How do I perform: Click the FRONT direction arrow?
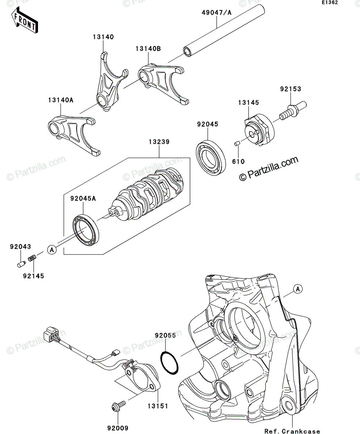click(25, 20)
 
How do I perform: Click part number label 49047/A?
click(216, 13)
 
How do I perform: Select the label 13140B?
click(148, 48)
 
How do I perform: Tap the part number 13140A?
click(61, 100)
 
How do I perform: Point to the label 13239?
click(159, 142)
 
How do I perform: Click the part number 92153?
click(291, 89)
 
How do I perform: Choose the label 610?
click(238, 161)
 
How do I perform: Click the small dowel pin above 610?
click(237, 144)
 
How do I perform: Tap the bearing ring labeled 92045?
click(211, 158)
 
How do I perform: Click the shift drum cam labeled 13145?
click(259, 131)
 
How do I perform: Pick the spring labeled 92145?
click(32, 258)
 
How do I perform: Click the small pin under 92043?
click(21, 264)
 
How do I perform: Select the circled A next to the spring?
click(52, 249)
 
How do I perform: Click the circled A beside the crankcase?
click(298, 289)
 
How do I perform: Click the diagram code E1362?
click(330, 3)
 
